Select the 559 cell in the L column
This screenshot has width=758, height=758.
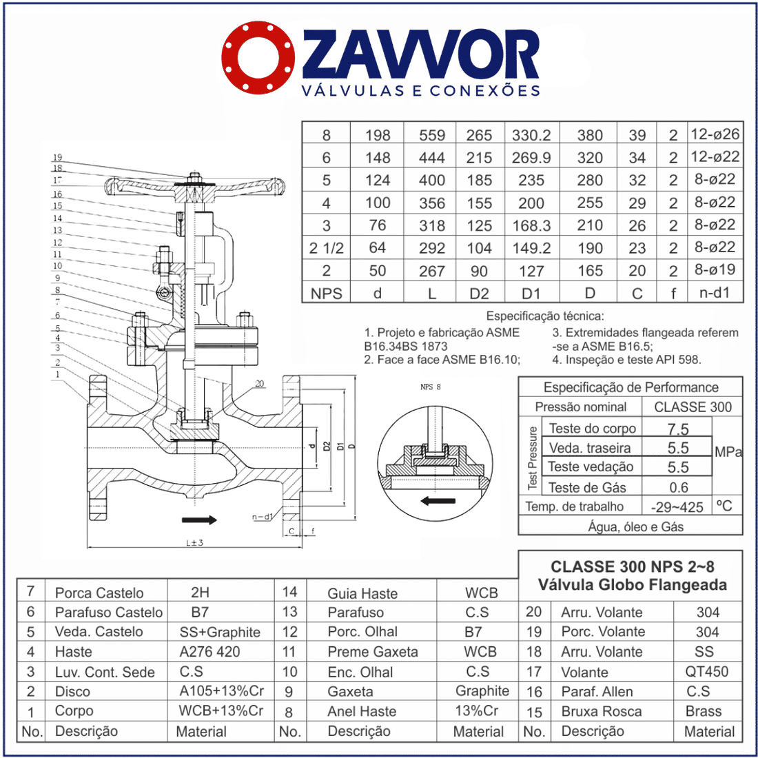click(432, 135)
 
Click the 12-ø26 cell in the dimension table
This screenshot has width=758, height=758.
click(715, 134)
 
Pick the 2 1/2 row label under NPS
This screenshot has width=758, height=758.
click(326, 248)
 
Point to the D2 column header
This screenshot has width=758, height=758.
click(479, 294)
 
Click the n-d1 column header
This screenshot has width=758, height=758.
click(715, 293)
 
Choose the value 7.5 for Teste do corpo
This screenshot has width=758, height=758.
click(678, 429)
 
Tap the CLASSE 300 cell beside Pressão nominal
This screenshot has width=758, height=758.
click(693, 407)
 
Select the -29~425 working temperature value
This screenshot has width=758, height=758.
click(677, 507)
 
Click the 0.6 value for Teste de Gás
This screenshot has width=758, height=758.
click(678, 487)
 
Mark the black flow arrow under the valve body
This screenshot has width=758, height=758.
click(199, 519)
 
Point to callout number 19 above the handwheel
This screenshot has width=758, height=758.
click(58, 157)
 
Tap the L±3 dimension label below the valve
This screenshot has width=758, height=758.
click(194, 543)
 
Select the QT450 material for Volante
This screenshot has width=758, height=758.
click(707, 672)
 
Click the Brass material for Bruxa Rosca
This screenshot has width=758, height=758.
click(704, 711)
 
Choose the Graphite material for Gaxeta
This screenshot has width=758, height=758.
click(482, 691)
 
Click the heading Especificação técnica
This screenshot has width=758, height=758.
click(545, 316)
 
